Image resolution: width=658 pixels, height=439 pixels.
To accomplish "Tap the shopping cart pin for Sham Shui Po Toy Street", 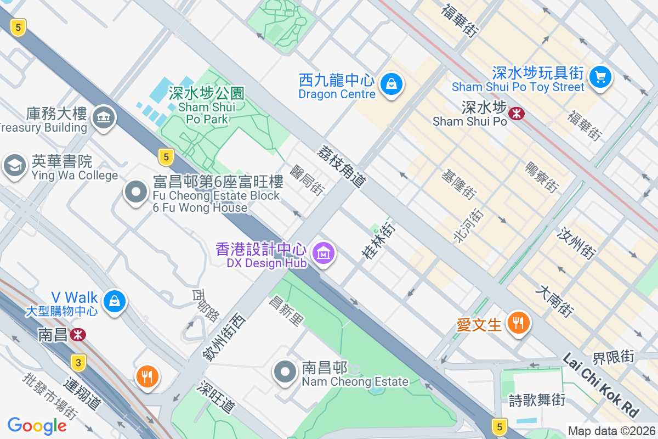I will click(x=600, y=76).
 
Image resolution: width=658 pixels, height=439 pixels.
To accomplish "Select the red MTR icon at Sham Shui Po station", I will click(x=516, y=114).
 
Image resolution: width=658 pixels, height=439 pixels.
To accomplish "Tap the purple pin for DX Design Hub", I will click(x=324, y=253).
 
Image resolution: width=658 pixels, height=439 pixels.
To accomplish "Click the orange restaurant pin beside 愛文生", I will click(x=518, y=322).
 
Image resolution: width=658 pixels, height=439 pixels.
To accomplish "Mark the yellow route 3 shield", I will click(x=79, y=362).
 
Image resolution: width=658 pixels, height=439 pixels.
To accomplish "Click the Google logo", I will click(x=37, y=425).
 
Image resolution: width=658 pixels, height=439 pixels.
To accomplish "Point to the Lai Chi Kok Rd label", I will click(x=601, y=384).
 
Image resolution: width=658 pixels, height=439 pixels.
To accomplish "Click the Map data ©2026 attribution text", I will click(x=611, y=431).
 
